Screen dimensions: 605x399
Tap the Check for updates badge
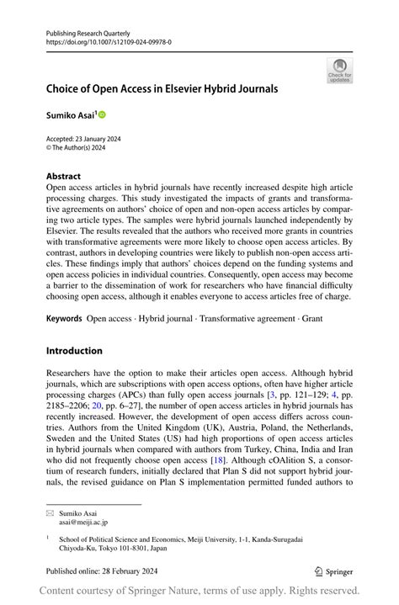[339, 70]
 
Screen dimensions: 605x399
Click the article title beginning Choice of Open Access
[162, 88]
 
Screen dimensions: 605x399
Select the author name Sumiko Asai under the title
[71, 114]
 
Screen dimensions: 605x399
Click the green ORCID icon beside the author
[103, 114]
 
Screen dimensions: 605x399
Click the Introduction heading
[74, 350]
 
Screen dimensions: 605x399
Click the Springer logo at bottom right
[333, 571]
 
